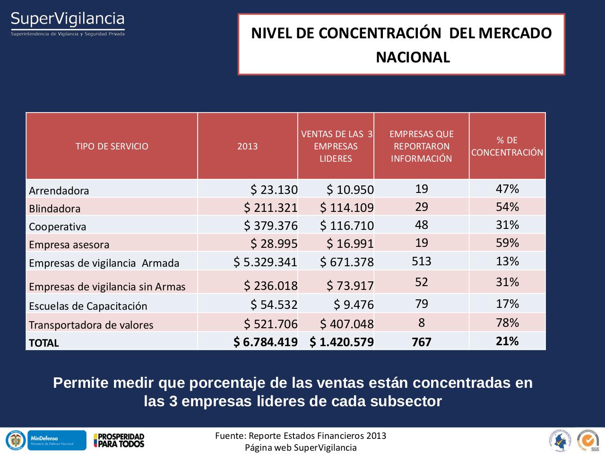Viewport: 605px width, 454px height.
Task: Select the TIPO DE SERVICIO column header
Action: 112,146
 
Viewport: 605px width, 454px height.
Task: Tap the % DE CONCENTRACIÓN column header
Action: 507,146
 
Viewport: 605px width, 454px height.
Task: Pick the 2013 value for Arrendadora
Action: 274,190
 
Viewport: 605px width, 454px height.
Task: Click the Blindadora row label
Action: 55,209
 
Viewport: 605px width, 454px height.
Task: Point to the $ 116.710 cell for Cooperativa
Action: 346,226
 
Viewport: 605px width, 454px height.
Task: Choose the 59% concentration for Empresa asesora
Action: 507,243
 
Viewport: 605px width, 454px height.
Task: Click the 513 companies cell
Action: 421,261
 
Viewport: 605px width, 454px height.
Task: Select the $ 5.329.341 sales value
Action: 265,262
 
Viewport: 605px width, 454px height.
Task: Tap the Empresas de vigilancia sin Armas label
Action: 107,287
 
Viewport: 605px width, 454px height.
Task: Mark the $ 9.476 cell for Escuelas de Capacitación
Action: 354,305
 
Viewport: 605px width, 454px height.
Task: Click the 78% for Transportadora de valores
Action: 507,323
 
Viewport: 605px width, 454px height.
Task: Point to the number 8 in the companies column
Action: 421,323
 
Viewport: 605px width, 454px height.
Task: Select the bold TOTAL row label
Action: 44,343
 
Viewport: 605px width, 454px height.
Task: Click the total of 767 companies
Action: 421,342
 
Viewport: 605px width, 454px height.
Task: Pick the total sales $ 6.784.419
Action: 265,342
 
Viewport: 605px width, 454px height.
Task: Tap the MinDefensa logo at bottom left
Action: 57,440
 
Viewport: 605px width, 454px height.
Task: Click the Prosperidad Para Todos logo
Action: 119,440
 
